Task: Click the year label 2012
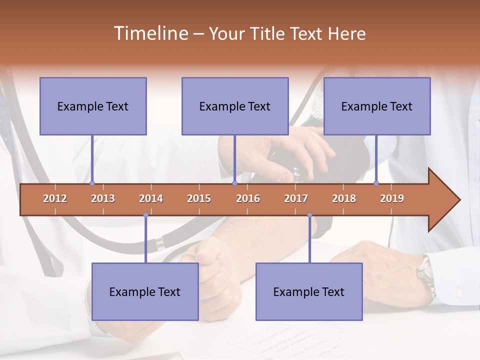[55, 198]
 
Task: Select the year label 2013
[103, 198]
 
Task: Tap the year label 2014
[151, 198]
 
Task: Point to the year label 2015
[199, 198]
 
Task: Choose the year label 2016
[248, 198]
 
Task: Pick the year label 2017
[296, 198]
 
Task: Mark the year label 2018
[344, 198]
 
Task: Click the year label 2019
[392, 198]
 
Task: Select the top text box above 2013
[93, 106]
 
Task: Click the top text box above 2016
[235, 106]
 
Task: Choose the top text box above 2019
[377, 106]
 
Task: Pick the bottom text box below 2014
[145, 291]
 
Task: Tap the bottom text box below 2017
[309, 291]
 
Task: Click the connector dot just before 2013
[92, 183]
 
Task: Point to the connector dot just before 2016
[235, 183]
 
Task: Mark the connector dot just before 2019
[376, 183]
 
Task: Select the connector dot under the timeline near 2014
[145, 215]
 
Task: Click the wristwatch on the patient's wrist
[425, 273]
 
